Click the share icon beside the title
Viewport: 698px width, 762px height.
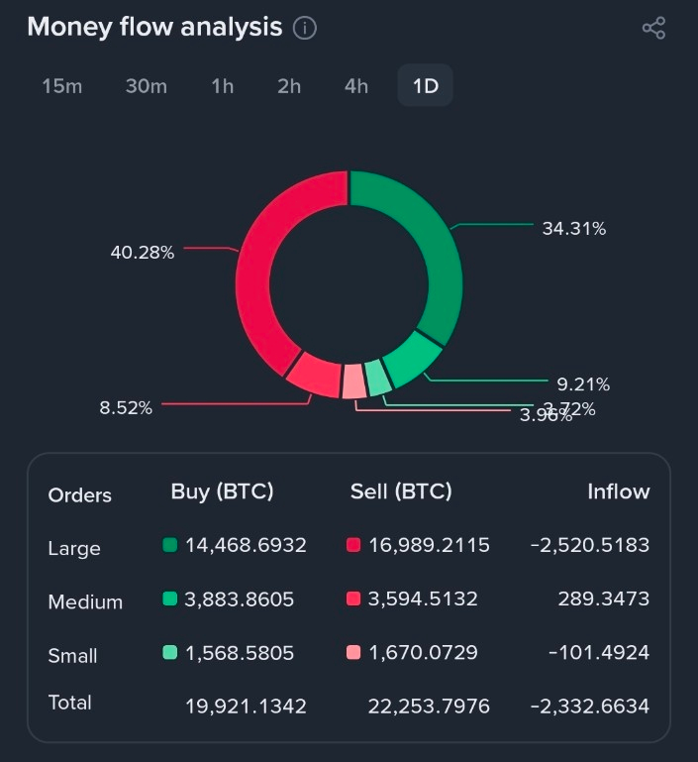(653, 28)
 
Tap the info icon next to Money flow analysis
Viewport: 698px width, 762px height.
(305, 28)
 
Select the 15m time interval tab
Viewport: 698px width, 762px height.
(62, 86)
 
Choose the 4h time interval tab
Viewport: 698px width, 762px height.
(356, 86)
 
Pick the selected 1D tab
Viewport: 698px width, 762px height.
(425, 86)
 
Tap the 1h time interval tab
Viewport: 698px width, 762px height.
(223, 86)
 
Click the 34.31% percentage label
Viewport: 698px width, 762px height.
(574, 229)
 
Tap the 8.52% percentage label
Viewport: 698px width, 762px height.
(126, 407)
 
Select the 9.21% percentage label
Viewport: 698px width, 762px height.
(582, 384)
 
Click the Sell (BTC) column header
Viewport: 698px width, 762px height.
(401, 491)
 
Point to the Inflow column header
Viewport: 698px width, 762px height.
(618, 491)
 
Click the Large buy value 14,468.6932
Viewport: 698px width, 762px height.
(246, 545)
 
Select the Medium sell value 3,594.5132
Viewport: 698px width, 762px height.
(423, 599)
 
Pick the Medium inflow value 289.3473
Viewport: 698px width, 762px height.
(604, 599)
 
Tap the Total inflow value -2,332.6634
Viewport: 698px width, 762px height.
(590, 706)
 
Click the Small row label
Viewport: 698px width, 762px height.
(73, 655)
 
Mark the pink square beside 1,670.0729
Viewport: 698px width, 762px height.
(353, 652)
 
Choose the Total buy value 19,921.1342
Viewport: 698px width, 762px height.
(246, 706)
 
